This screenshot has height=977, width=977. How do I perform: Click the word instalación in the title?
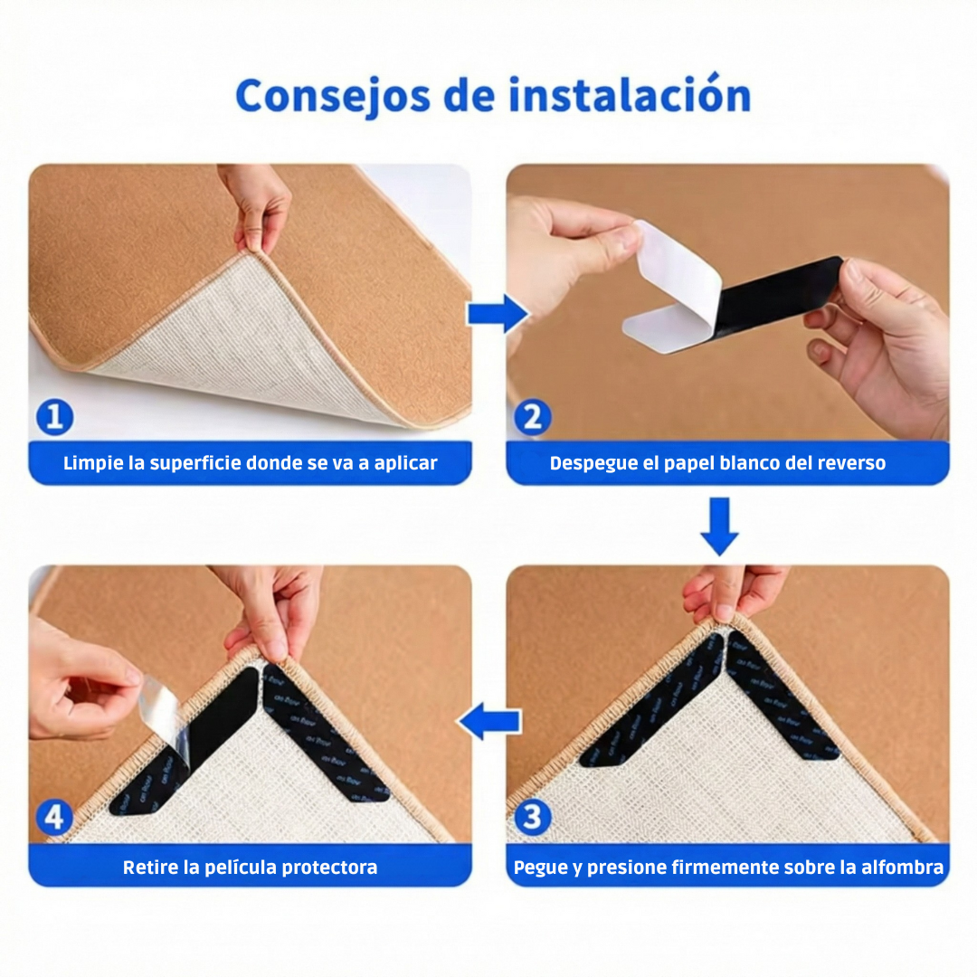[630, 95]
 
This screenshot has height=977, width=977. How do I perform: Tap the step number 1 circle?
[55, 417]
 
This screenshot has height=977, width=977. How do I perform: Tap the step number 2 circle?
[533, 417]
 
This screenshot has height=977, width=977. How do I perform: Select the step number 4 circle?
[55, 818]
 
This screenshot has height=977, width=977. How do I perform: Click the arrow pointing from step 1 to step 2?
[497, 314]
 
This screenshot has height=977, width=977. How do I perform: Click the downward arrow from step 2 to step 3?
[720, 526]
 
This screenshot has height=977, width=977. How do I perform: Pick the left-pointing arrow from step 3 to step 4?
[489, 721]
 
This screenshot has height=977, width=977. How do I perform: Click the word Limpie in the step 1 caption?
[93, 463]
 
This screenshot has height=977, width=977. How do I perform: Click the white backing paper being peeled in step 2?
[674, 285]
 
